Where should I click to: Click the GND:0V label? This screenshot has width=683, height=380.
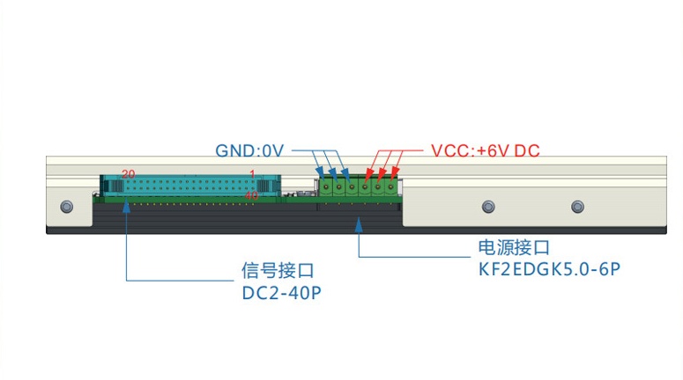(250, 150)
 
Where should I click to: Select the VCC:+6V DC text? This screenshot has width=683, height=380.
(485, 150)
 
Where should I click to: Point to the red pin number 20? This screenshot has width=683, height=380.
(129, 173)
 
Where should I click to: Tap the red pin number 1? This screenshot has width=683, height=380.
(252, 173)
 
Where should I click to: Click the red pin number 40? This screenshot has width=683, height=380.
(251, 195)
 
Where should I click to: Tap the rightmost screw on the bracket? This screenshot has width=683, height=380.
(577, 207)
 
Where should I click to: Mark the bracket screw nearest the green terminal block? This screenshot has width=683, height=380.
(487, 207)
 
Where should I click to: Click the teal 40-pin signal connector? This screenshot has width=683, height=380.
(189, 186)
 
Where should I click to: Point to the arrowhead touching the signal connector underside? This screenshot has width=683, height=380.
(126, 208)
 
